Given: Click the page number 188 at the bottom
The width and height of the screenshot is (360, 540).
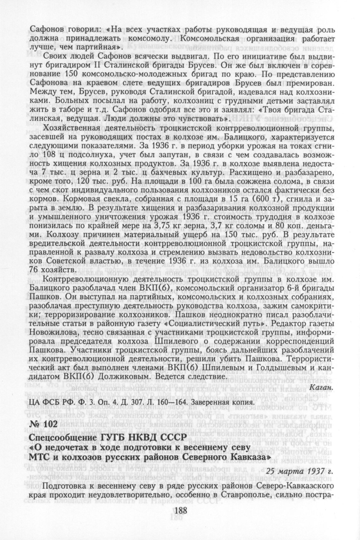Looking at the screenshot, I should tap(180, 511).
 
